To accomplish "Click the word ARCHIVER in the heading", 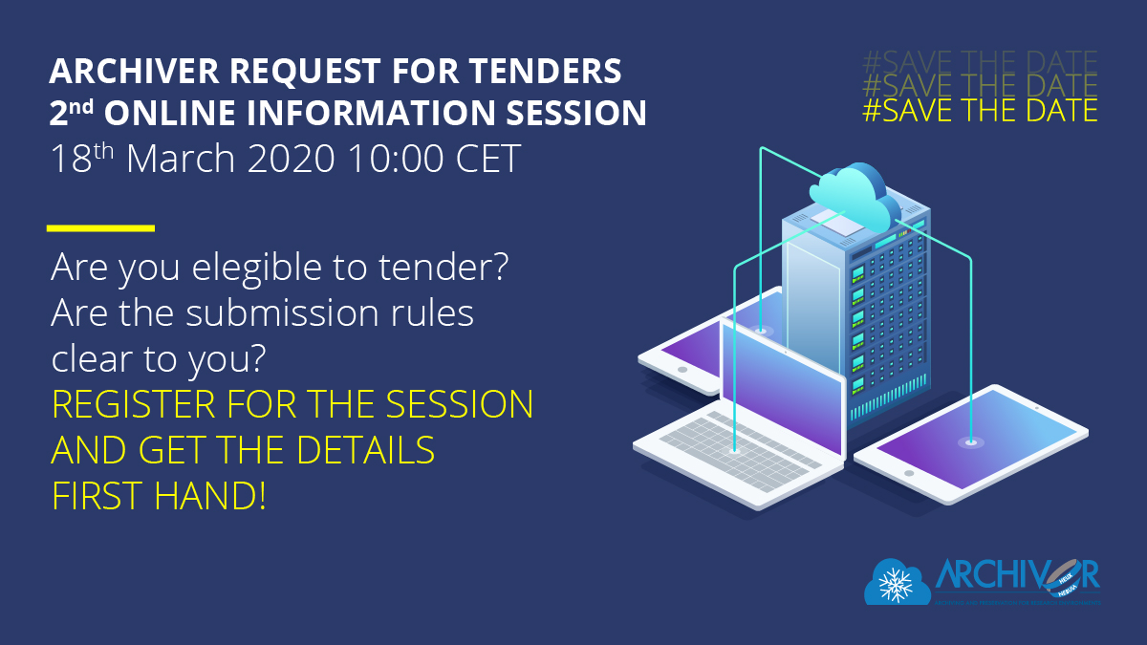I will (x=125, y=71).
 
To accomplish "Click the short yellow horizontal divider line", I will (x=100, y=228).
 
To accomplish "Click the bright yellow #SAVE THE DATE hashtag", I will (x=980, y=110).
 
